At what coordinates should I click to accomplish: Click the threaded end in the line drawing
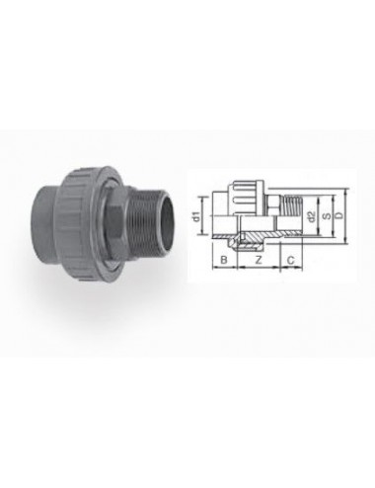click(292, 204)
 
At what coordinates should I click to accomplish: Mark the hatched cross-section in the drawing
click(259, 234)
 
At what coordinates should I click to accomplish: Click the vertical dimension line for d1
click(208, 213)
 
